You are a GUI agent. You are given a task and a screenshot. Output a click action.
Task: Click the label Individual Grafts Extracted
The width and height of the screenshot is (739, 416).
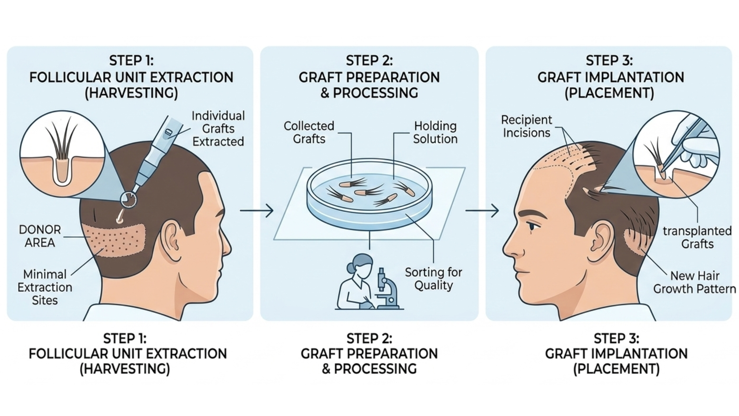point(218,128)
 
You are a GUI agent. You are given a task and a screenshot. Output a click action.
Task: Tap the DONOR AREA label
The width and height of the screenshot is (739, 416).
point(40,236)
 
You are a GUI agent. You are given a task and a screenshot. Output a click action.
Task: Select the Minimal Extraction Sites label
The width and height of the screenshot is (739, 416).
point(45,287)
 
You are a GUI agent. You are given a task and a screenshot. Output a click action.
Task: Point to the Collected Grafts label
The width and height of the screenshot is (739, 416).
point(309,132)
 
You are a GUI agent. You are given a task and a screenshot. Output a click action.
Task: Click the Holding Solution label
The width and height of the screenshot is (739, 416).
point(435,132)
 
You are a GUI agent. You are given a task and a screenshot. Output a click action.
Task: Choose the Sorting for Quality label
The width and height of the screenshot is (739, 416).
point(433,279)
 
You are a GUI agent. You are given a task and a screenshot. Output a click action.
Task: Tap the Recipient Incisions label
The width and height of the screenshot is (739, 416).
point(527,126)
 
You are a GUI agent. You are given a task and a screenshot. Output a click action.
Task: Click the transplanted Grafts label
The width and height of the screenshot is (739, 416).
point(697,237)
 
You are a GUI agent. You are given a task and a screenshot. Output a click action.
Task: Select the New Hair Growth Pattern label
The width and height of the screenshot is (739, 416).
point(694,282)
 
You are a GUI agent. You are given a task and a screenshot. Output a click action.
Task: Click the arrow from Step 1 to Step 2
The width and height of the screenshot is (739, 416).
point(257,211)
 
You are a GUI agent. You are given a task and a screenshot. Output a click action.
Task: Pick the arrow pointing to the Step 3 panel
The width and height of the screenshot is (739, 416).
point(482,211)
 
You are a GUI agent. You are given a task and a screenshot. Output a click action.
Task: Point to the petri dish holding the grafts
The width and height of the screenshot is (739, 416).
point(369,194)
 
